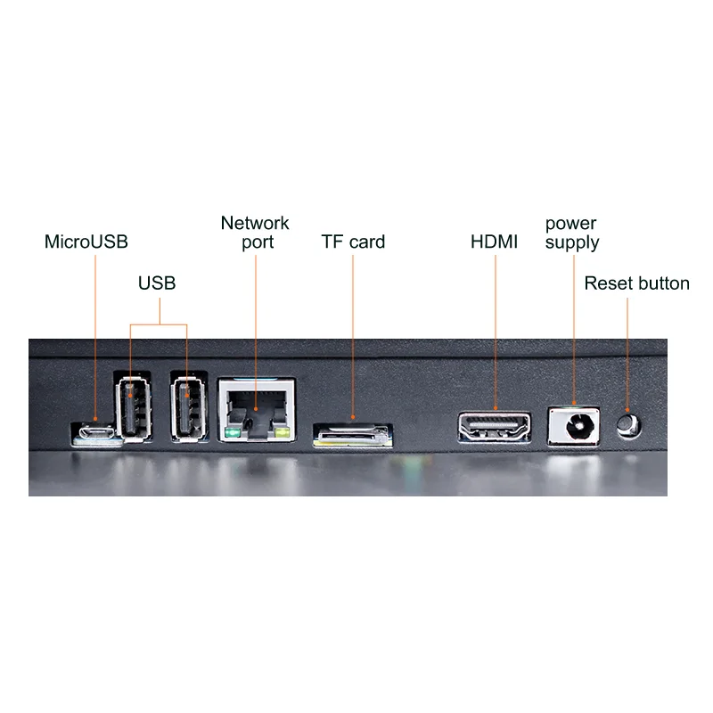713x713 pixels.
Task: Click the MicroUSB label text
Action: tap(86, 242)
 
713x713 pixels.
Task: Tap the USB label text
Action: tap(157, 283)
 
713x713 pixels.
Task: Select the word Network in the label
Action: tap(255, 223)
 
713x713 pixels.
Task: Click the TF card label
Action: tap(353, 242)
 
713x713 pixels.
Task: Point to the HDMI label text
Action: tap(494, 242)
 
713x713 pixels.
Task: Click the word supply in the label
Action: tap(572, 242)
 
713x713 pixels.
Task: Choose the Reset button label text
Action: tap(636, 283)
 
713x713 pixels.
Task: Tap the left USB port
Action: tap(131, 408)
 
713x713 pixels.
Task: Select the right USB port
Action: tap(187, 408)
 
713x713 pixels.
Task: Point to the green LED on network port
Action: tap(233, 434)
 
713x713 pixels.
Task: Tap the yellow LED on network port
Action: tap(283, 434)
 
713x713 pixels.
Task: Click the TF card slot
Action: tap(352, 435)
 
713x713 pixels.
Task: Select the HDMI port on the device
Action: tap(495, 425)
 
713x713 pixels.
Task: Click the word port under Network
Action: tap(258, 242)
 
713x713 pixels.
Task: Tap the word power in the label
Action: tap(570, 223)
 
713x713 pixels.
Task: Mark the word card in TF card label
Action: tap(366, 242)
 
